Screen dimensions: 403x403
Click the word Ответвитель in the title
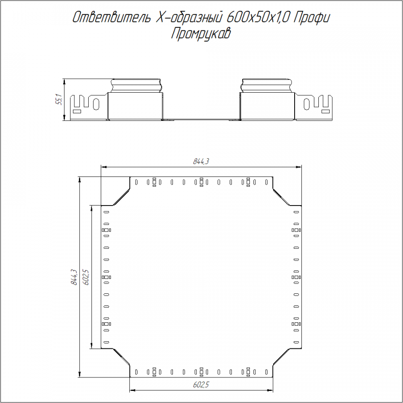(111, 17)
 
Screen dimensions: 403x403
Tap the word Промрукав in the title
(201, 34)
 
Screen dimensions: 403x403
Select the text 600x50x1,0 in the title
(258, 17)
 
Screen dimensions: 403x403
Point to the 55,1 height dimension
(59, 100)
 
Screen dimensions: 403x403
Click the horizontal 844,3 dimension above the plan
(201, 161)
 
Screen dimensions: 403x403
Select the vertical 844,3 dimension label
(74, 277)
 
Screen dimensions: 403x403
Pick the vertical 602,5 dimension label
(86, 277)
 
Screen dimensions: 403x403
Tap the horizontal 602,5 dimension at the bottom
(201, 385)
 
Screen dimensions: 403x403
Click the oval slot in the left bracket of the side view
(96, 104)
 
